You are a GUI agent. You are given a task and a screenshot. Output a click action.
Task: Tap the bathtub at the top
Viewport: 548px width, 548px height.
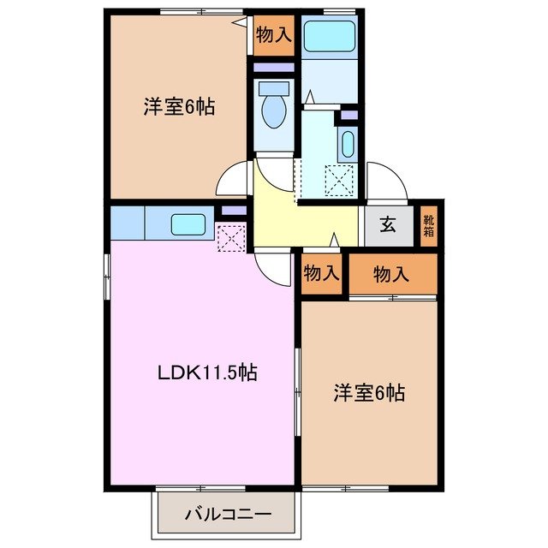pyautogui.click(x=330, y=36)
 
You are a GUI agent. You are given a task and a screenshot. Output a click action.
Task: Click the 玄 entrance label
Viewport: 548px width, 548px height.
pyautogui.click(x=387, y=226)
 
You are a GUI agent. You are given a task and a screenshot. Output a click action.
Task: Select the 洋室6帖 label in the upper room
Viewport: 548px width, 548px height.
pyautogui.click(x=178, y=107)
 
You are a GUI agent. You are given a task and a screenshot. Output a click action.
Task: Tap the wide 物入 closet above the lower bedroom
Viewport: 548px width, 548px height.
pyautogui.click(x=391, y=273)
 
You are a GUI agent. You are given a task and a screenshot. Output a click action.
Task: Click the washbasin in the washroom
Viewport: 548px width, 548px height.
pyautogui.click(x=347, y=144)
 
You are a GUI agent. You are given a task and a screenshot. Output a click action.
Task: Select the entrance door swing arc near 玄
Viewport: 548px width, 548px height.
pyautogui.click(x=382, y=180)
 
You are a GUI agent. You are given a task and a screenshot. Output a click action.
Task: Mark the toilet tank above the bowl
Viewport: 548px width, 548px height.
pyautogui.click(x=274, y=87)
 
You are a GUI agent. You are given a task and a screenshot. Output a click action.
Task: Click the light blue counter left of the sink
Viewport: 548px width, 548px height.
pyautogui.click(x=128, y=223)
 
